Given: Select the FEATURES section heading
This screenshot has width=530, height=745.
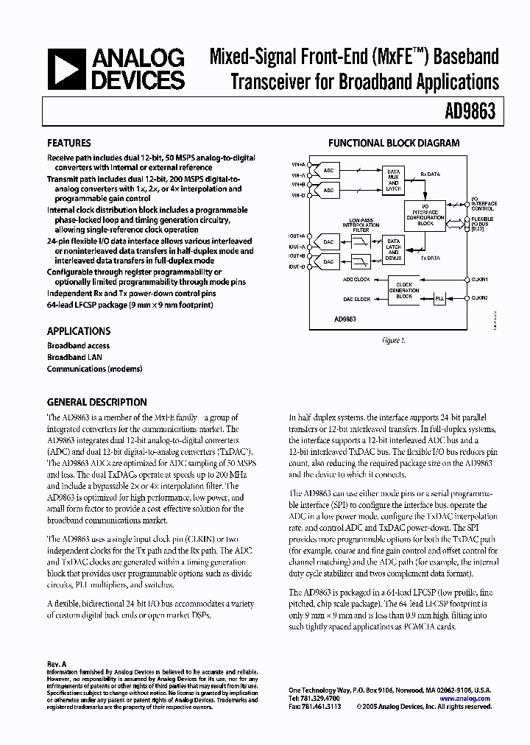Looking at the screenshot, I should coord(69,144).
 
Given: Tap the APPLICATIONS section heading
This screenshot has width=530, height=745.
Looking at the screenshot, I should coord(79,331).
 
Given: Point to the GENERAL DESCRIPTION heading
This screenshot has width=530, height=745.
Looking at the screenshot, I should coord(96,403).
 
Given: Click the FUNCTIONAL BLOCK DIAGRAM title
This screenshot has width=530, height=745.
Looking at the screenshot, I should coord(394,144).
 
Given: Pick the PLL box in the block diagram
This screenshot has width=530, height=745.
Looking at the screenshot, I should coord(439,298).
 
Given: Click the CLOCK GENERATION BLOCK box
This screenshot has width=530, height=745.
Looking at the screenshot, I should coord(404,289).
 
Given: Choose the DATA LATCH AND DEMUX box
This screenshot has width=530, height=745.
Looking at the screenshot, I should coord(394,250).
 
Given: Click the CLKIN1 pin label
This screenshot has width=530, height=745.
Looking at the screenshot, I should coord(479,280).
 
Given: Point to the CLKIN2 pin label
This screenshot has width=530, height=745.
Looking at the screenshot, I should coord(479,298).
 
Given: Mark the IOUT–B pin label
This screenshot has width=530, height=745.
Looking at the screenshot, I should coord(297,266).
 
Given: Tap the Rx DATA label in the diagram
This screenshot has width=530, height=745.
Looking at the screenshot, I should coord(430,174).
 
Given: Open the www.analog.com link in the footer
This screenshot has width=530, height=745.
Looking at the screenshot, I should coord(465,699).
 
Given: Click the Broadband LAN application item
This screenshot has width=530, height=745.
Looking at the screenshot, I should coord(74,357).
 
